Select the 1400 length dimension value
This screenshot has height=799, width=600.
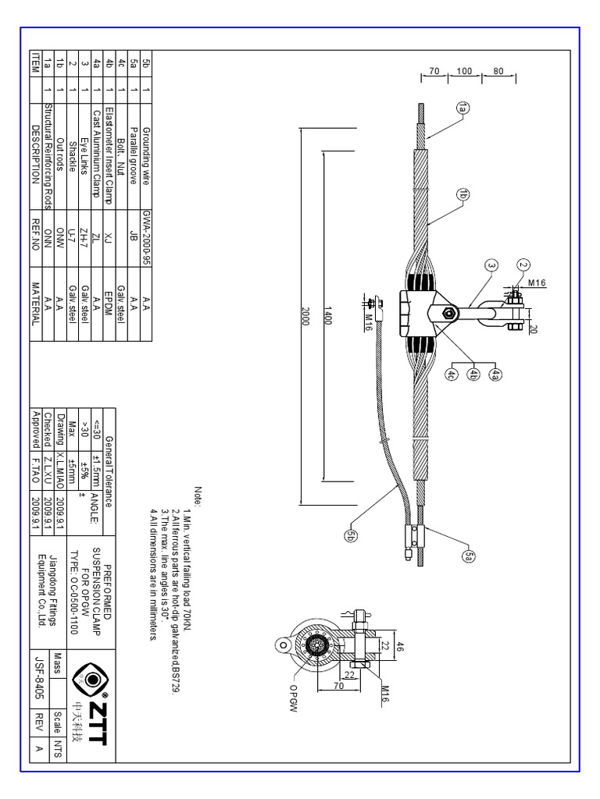pyautogui.click(x=330, y=314)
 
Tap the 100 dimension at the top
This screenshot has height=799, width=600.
pyautogui.click(x=465, y=71)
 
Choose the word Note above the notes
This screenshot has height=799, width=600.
pyautogui.click(x=198, y=496)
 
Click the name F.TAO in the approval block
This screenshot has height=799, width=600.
pyautogui.click(x=34, y=462)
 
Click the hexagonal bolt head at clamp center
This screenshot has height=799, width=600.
pyautogui.click(x=449, y=314)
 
